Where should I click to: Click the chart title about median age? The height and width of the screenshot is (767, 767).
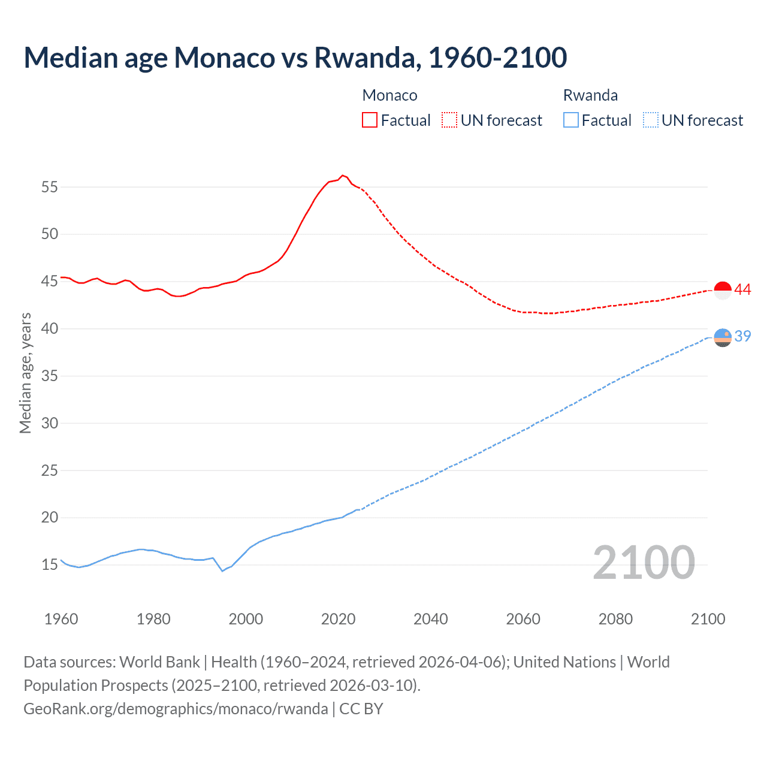[295, 58]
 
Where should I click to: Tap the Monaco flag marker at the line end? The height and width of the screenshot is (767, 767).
[723, 290]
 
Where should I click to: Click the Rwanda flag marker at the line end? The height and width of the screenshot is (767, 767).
[723, 338]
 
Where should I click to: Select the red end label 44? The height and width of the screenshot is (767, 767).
[742, 290]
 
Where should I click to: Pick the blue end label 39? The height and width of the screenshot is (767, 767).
[742, 337]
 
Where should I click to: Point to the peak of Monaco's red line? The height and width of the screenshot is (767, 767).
[342, 176]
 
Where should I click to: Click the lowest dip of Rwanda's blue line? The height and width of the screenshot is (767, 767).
[222, 570]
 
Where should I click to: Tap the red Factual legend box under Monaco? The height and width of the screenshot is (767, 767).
[370, 120]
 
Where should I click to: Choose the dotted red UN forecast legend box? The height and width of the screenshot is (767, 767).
[449, 120]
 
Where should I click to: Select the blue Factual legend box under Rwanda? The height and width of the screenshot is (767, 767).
[570, 120]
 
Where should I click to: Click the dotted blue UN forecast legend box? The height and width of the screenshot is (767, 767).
[650, 120]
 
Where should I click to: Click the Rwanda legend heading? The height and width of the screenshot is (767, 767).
[590, 95]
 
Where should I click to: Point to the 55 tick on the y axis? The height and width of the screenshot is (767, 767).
[50, 187]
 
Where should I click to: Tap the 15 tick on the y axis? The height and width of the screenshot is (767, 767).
[50, 564]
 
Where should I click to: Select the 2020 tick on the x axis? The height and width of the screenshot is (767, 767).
[338, 619]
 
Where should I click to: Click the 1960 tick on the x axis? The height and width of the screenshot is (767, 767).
[61, 619]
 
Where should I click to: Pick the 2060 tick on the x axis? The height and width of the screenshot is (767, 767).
[523, 619]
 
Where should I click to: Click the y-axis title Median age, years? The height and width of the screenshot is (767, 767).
[25, 373]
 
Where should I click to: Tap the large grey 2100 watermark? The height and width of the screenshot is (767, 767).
[644, 562]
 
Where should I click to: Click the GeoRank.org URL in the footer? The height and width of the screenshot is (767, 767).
[176, 709]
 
